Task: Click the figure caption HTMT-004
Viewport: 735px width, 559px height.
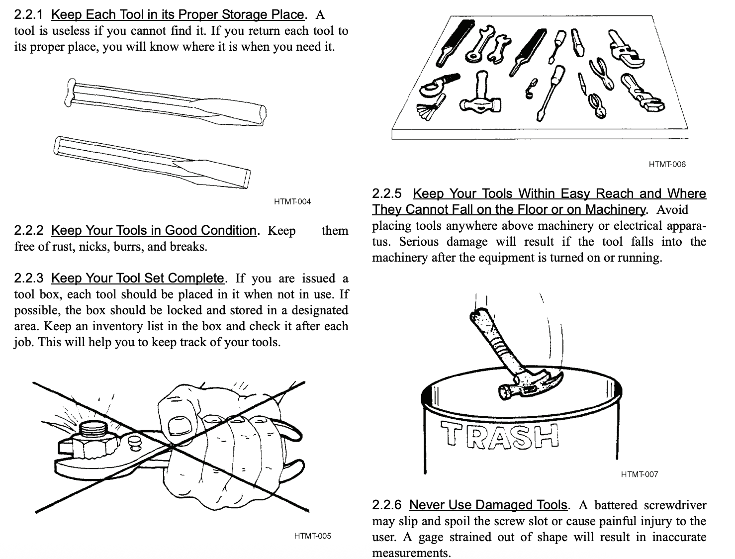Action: [292, 201]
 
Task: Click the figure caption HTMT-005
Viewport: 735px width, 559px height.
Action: [312, 536]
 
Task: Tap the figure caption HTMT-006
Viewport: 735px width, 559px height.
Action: [667, 164]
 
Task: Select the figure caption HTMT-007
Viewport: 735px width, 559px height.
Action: [639, 474]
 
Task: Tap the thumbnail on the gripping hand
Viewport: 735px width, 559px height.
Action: [177, 427]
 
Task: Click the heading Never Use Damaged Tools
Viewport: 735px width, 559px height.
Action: [487, 505]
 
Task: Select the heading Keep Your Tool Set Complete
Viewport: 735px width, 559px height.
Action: [137, 278]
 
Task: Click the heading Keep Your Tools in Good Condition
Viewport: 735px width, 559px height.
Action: [153, 230]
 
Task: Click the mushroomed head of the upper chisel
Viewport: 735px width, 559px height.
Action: [71, 93]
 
